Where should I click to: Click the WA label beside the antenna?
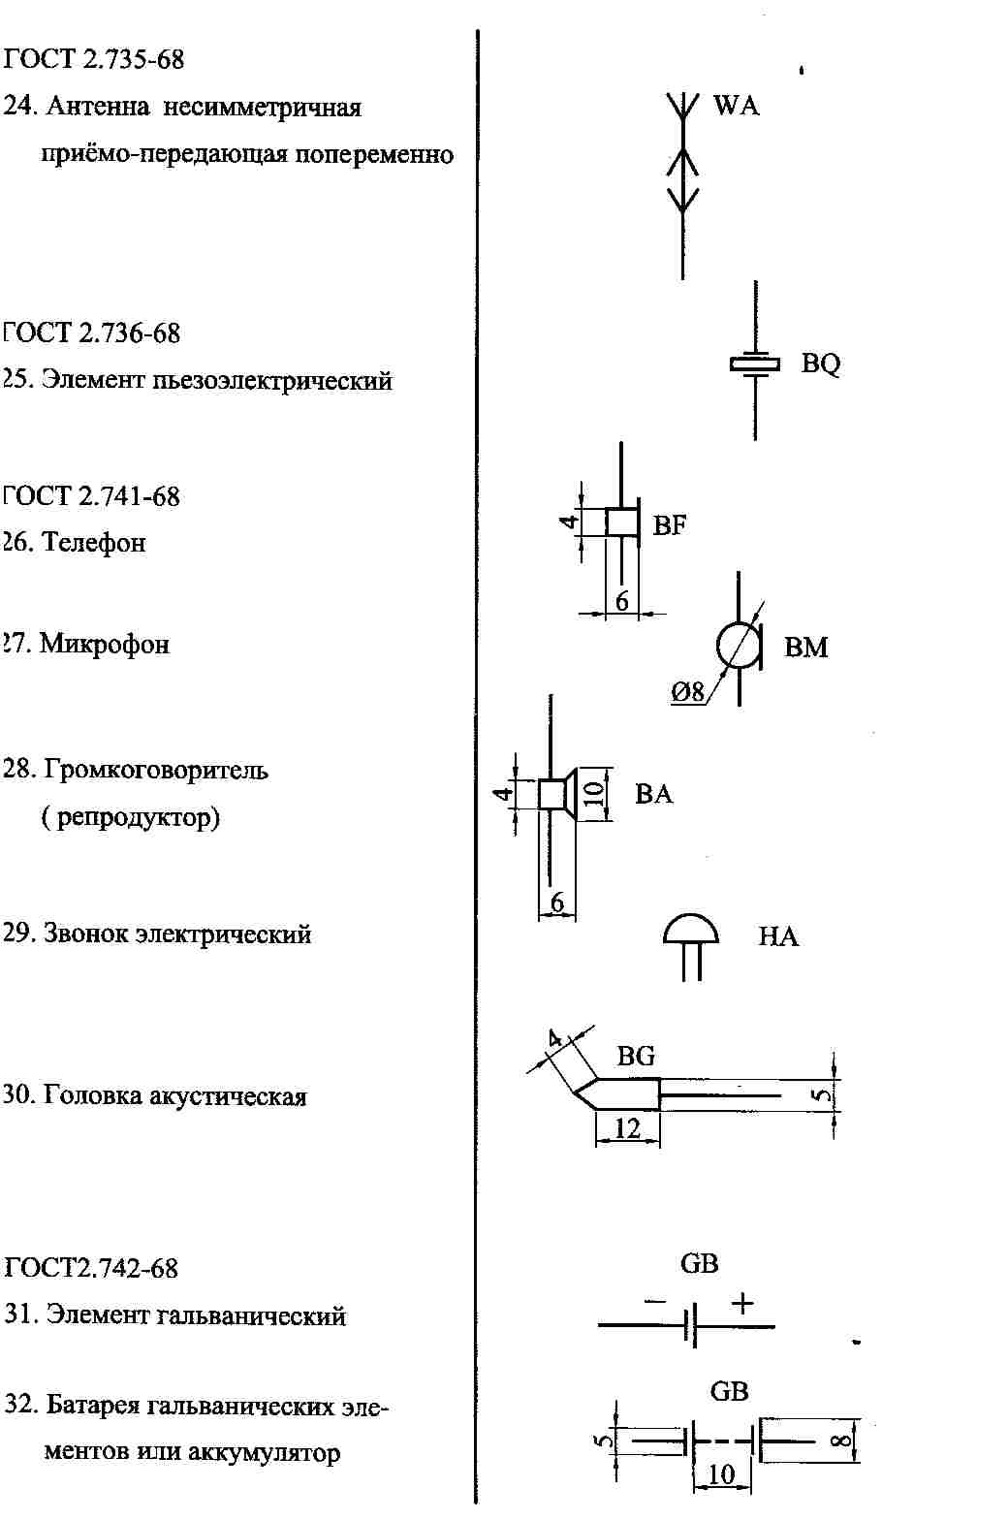736,106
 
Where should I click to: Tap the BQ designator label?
820,364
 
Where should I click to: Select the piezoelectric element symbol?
755,364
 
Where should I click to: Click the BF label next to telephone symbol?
669,524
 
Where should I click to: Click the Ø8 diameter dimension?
687,692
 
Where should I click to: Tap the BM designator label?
805,647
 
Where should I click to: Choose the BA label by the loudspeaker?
653,794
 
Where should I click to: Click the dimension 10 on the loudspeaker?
593,792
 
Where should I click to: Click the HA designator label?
778,936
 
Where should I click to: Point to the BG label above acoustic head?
636,1056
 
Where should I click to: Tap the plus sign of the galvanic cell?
742,1303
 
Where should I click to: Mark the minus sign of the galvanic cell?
654,1302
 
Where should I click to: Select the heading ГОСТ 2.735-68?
93,60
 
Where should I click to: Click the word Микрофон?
105,644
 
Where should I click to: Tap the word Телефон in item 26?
94,543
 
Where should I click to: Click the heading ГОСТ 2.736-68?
91,333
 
